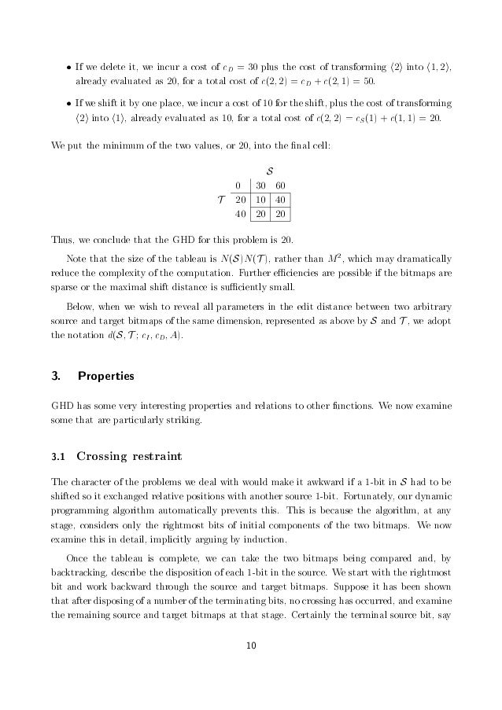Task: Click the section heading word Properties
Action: [x=106, y=377]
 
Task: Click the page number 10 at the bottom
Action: [x=251, y=646]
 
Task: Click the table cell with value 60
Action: [x=280, y=186]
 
